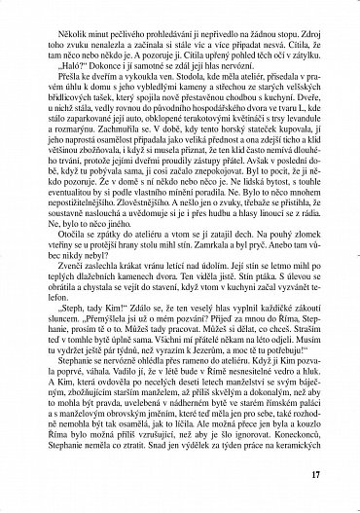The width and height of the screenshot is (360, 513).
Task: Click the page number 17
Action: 340,475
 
